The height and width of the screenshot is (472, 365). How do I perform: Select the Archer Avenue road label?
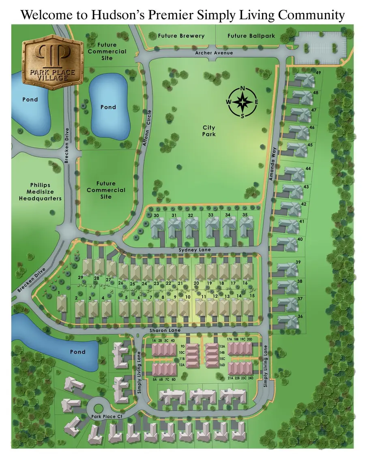point(214,53)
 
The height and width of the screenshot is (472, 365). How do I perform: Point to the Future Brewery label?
point(181,36)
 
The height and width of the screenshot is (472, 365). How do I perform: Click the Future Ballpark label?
point(251,36)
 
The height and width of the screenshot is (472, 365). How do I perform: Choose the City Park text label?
point(209,131)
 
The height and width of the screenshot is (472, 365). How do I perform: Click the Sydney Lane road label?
point(195,250)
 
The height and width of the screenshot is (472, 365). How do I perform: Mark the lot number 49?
point(318,73)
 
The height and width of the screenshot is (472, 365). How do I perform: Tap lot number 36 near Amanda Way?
point(301,316)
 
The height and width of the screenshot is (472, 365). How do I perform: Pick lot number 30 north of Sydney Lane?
point(156,215)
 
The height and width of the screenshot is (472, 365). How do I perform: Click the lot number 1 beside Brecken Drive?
point(59,293)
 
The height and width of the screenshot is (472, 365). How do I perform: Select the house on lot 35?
point(245,227)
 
